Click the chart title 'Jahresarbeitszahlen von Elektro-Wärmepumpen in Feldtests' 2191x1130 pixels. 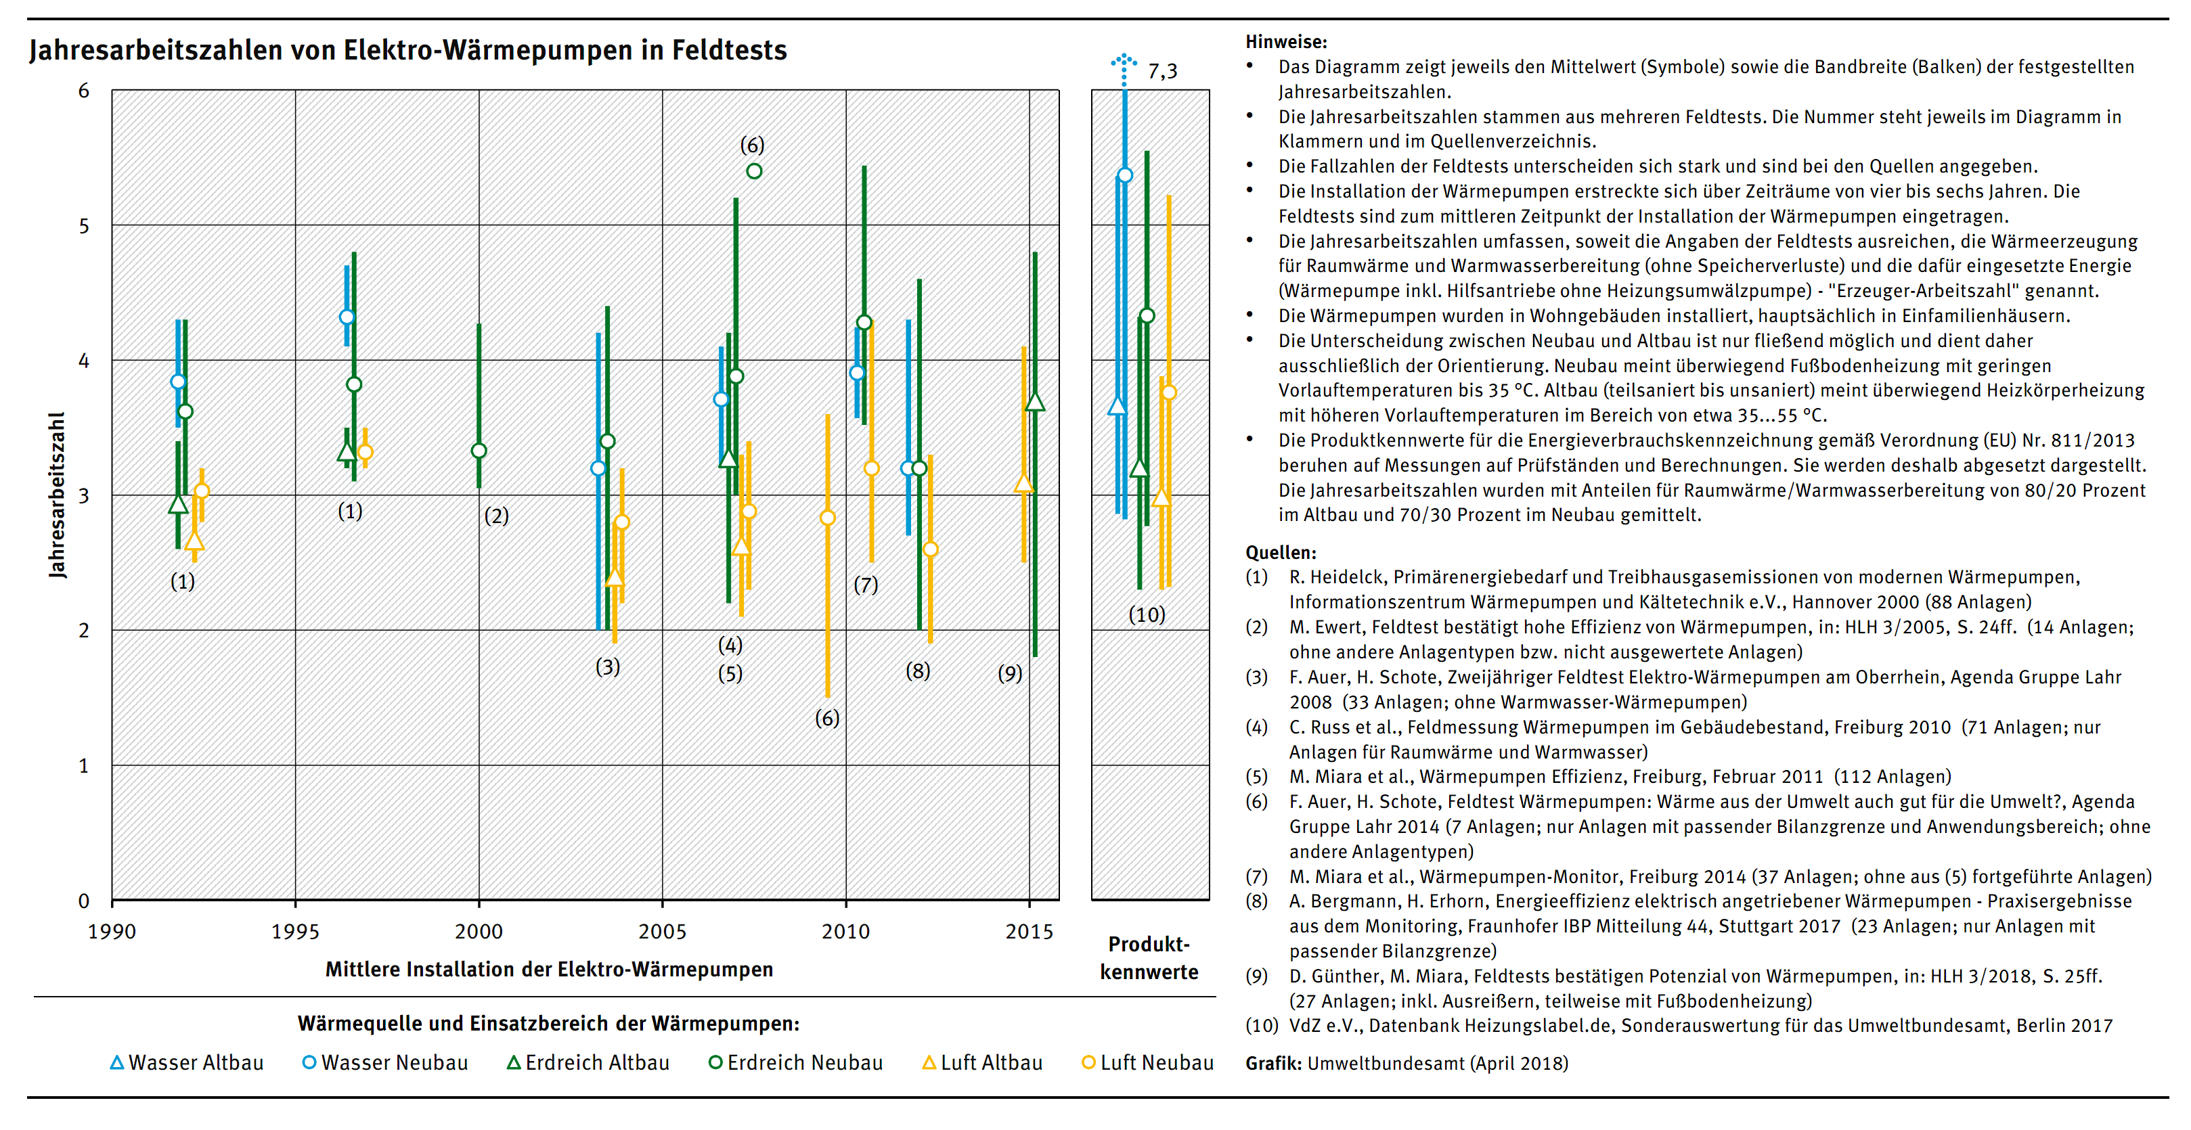pyautogui.click(x=408, y=50)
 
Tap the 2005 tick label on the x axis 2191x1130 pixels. pyautogui.click(x=662, y=931)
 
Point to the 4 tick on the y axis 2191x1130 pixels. pyautogui.click(x=83, y=361)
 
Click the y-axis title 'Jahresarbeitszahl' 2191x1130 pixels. pyautogui.click(x=57, y=495)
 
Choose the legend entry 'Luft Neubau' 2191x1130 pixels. pyautogui.click(x=1147, y=1063)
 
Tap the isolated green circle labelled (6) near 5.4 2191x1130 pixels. pyautogui.click(x=753, y=171)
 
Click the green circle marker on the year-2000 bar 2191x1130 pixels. pyautogui.click(x=479, y=451)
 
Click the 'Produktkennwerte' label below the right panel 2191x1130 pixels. pyautogui.click(x=1149, y=957)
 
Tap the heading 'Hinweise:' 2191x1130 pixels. pyautogui.click(x=1286, y=42)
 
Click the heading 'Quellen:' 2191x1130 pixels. pyautogui.click(x=1281, y=553)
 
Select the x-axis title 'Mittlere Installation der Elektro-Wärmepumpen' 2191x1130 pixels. pyautogui.click(x=550, y=970)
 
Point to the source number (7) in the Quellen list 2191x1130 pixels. pyautogui.click(x=1256, y=877)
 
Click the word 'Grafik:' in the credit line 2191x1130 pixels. pyautogui.click(x=1273, y=1063)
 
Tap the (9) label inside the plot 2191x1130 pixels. pyautogui.click(x=1010, y=673)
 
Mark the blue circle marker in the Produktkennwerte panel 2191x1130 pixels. pyautogui.click(x=1124, y=175)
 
